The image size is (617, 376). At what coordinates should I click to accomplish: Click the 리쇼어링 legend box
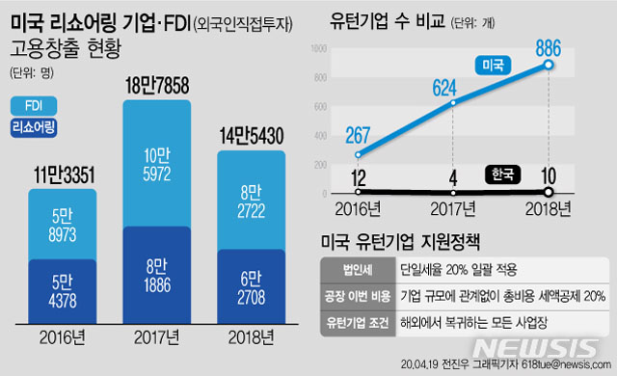click(x=35, y=128)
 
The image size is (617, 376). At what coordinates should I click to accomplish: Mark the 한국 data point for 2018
click(x=549, y=193)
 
